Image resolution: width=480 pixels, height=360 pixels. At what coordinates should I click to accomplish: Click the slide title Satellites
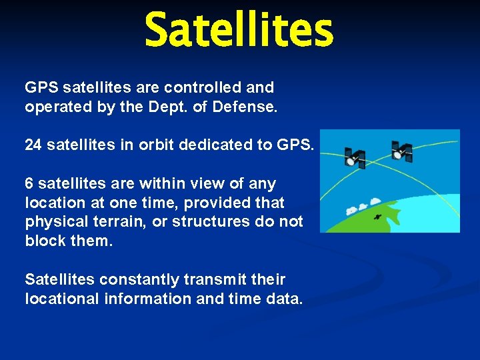click(x=239, y=31)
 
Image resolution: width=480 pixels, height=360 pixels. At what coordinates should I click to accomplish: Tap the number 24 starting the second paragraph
click(x=33, y=145)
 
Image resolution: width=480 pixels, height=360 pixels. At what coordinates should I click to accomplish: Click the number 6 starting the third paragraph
click(x=29, y=183)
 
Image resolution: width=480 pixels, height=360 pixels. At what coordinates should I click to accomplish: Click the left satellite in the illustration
click(x=355, y=158)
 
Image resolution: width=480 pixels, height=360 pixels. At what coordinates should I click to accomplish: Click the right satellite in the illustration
click(x=401, y=151)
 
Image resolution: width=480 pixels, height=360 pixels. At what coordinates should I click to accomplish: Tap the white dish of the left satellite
click(x=349, y=161)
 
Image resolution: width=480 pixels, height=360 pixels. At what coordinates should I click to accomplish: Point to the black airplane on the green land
click(x=377, y=217)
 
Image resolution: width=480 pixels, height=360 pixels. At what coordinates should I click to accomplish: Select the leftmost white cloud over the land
click(x=351, y=210)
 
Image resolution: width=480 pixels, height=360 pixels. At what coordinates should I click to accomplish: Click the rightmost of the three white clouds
click(x=375, y=201)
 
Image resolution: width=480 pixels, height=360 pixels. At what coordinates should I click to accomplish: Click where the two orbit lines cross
click(x=381, y=162)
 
